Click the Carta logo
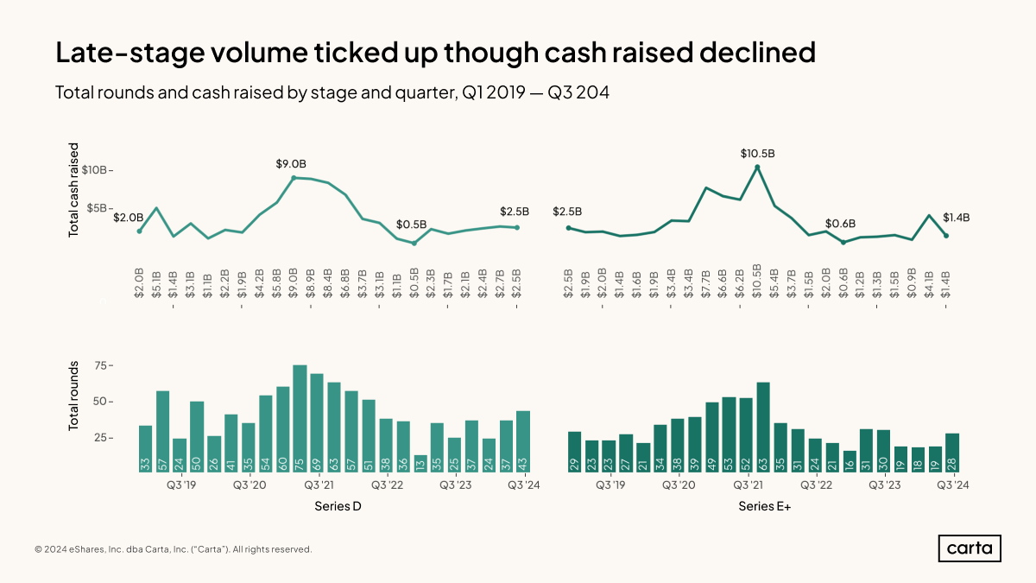[970, 548]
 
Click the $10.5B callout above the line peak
[757, 153]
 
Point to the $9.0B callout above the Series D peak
[291, 164]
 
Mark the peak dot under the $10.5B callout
[757, 168]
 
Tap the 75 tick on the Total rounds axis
[103, 366]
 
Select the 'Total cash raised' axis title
[74, 190]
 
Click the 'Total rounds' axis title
[74, 396]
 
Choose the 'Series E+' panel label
[765, 507]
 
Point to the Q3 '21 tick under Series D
[319, 485]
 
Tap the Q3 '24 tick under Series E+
[952, 485]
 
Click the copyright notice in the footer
[174, 549]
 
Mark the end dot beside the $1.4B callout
[946, 236]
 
